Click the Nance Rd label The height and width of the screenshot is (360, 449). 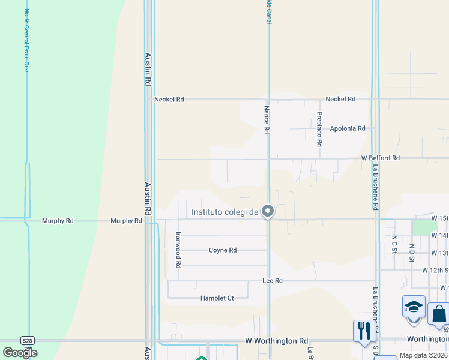point(266,115)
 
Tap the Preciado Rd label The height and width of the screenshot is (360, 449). point(319,130)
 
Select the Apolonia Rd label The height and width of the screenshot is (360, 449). point(348,128)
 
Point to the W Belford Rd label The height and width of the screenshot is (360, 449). point(380,158)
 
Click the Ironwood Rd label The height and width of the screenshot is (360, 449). point(178,250)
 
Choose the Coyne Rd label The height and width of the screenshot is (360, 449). point(223,250)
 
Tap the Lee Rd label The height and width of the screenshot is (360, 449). point(273,280)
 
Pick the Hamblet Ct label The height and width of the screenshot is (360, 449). point(217,298)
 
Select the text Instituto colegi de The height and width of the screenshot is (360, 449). point(224,212)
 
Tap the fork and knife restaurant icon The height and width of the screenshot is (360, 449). point(364,331)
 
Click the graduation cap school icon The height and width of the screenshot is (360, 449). point(414,307)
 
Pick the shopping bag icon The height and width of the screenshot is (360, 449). point(439,313)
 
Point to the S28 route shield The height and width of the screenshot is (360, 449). point(28,340)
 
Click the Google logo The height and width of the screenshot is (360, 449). point(20,352)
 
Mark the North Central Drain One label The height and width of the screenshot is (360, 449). point(26,40)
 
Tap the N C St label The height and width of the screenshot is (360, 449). point(394,244)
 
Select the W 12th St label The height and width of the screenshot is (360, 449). point(435,271)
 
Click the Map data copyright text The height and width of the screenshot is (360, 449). point(424,355)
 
